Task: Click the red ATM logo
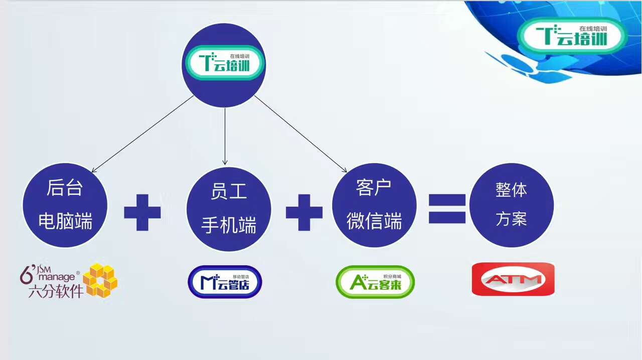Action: tap(513, 279)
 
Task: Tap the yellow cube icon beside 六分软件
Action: tap(100, 280)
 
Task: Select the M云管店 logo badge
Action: tap(225, 282)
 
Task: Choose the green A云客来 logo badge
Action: tap(375, 282)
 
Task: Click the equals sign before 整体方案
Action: tap(447, 209)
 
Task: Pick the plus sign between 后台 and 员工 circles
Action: tap(142, 213)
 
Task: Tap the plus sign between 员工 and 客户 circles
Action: tap(304, 213)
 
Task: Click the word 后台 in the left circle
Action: tap(65, 188)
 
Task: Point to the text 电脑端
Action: tap(65, 221)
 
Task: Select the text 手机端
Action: tap(229, 225)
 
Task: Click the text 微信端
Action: tap(374, 221)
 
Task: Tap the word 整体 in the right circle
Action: tap(511, 190)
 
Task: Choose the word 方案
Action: tap(511, 219)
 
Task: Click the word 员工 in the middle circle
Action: tap(229, 191)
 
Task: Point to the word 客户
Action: tap(374, 188)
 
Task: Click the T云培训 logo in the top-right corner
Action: tap(572, 36)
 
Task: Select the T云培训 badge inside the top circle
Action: tap(224, 63)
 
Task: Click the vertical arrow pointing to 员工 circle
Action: tap(225, 136)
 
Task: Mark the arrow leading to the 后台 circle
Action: tap(142, 134)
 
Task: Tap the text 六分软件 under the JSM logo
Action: tap(56, 291)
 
